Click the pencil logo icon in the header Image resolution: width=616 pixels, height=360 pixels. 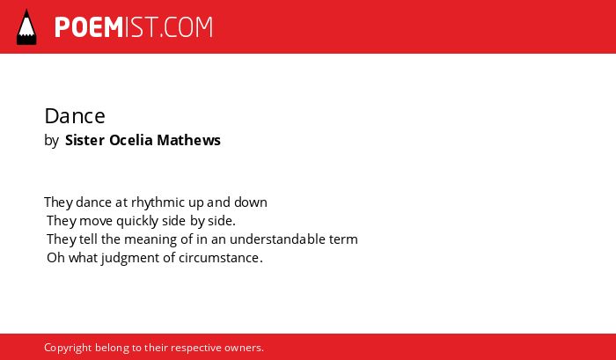click(26, 26)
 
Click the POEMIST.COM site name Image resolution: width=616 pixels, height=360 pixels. click(134, 27)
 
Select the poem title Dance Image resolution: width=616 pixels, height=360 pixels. click(75, 116)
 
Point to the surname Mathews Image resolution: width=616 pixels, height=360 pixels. click(189, 140)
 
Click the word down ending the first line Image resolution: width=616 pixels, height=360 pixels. click(251, 202)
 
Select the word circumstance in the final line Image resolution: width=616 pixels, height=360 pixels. click(219, 258)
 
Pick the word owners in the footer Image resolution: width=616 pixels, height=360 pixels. click(242, 348)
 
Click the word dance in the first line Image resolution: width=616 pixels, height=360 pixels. click(93, 202)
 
